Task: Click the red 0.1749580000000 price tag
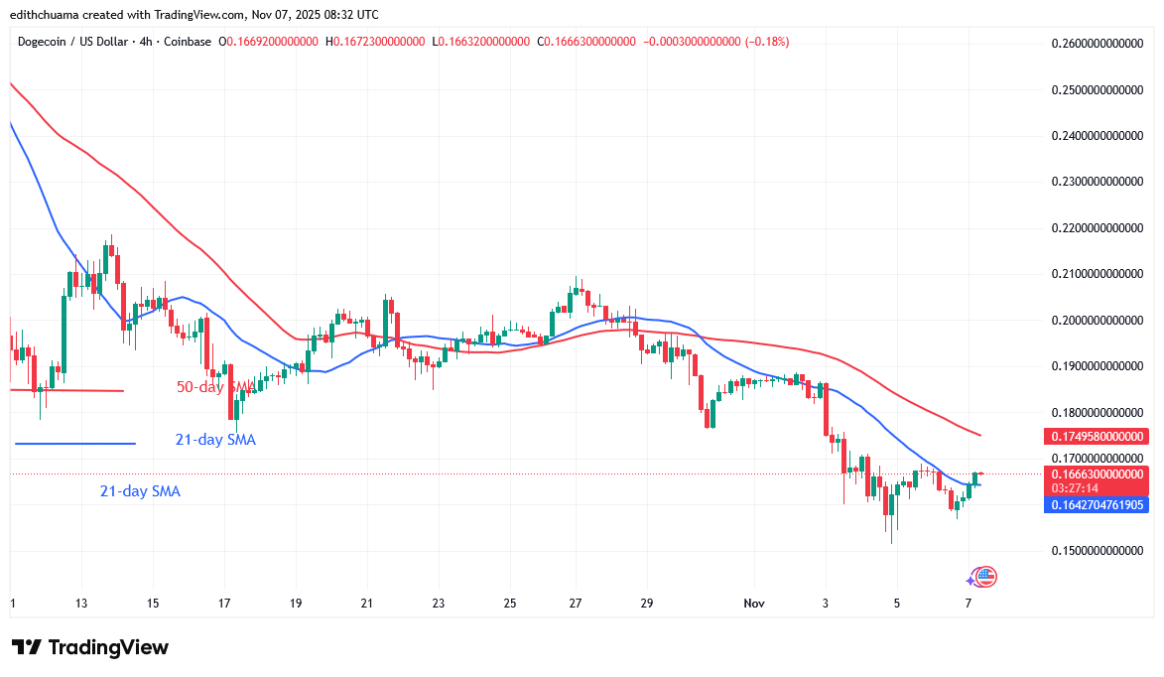point(1097,436)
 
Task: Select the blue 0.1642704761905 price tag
point(1097,504)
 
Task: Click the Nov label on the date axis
point(755,604)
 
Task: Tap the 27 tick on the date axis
point(575,604)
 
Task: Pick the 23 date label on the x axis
point(439,604)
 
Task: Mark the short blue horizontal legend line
point(74,444)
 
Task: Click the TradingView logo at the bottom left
point(90,647)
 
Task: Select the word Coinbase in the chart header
point(190,42)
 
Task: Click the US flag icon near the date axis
point(985,576)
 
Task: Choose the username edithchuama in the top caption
point(49,14)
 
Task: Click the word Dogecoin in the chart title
point(46,42)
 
